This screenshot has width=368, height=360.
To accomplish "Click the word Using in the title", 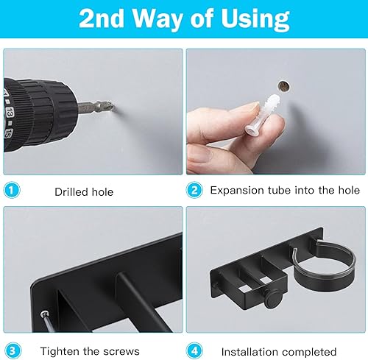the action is point(255,19).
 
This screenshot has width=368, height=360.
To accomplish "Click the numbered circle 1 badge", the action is point(12,190).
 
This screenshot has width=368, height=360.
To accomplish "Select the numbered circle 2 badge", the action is point(194,190).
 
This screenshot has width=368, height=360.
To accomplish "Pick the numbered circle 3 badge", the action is point(13,350).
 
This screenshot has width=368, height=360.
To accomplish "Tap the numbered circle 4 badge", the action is point(194,350).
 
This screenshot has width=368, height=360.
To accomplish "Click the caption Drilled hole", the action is point(84,192).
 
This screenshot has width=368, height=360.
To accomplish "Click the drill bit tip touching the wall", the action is point(113,105).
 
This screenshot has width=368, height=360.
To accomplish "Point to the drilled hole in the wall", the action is point(283,86).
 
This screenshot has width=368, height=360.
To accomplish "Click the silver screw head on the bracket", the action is point(44,314).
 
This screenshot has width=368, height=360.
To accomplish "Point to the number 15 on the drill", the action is point(8,133).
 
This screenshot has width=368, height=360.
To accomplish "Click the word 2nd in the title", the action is point(101,19).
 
